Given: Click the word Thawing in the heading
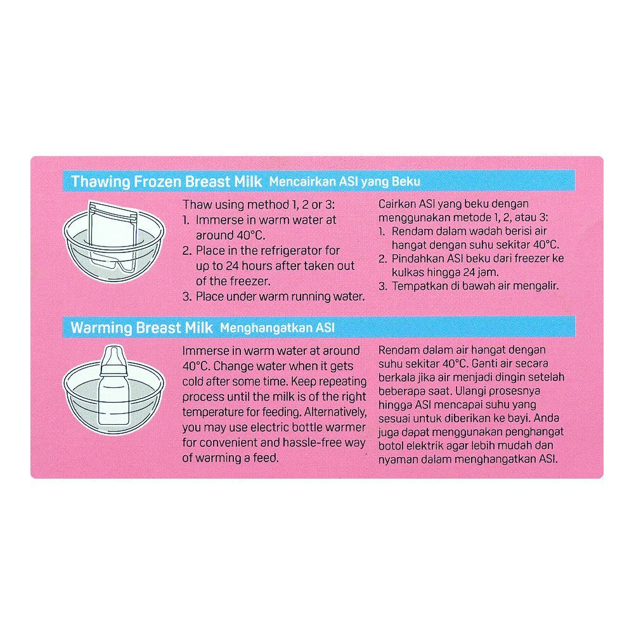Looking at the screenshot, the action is pyautogui.click(x=100, y=181).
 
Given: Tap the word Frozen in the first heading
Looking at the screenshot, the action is pyautogui.click(x=158, y=181).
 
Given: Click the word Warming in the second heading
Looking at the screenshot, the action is pyautogui.click(x=101, y=328).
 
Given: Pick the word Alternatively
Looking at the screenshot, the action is pyautogui.click(x=335, y=412).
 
